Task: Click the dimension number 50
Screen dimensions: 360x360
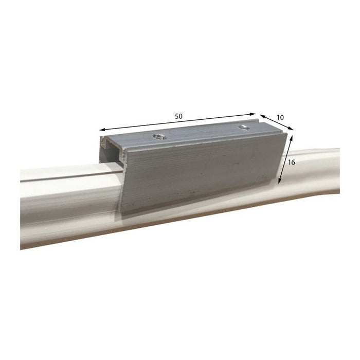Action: click(178, 116)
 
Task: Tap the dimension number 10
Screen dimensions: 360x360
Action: click(280, 117)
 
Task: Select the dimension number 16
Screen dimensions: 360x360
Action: click(292, 161)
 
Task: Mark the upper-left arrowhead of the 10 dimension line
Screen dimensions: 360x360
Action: click(260, 116)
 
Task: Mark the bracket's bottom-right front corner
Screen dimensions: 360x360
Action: click(279, 186)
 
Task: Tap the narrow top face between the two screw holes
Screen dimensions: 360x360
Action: click(201, 132)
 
